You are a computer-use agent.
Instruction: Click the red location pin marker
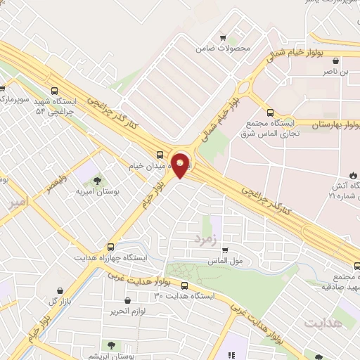(181, 165)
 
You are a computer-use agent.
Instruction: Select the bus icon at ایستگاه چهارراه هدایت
(110, 247)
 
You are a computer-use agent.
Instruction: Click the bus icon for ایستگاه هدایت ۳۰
(184, 285)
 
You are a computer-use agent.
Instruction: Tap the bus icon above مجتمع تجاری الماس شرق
(271, 112)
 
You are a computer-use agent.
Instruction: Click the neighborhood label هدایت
(324, 322)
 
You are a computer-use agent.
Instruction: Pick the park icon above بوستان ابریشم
(110, 344)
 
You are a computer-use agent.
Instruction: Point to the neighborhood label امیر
(19, 204)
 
